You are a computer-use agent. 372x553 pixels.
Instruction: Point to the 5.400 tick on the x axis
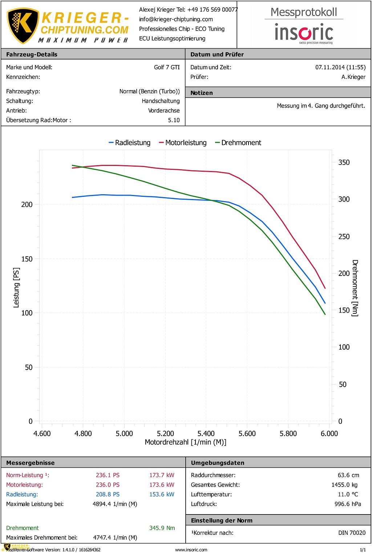[x=206, y=433]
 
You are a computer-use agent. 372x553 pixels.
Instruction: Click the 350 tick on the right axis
[x=344, y=162]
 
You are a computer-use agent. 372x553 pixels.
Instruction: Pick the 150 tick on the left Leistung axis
[x=27, y=259]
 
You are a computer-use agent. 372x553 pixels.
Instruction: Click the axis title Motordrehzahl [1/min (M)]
[x=185, y=442]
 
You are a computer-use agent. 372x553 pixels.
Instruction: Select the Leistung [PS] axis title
[x=16, y=288]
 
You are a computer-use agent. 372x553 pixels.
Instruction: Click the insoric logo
[x=304, y=33]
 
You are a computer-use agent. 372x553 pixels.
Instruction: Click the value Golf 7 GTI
[x=167, y=67]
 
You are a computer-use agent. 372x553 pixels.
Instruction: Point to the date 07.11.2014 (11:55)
[x=340, y=67]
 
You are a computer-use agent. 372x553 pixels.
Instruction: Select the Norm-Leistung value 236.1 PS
[x=108, y=475]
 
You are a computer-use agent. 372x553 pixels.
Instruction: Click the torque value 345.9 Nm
[x=162, y=528]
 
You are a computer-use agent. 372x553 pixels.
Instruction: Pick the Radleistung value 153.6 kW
[x=162, y=494]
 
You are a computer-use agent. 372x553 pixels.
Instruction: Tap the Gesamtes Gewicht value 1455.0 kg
[x=344, y=485]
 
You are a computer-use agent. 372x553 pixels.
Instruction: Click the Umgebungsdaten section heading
[x=218, y=463]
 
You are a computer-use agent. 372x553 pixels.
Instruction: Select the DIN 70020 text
[x=352, y=533]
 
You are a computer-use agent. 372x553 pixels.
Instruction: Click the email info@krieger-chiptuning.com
[x=176, y=19]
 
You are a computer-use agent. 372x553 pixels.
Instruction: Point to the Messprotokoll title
[x=304, y=12]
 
